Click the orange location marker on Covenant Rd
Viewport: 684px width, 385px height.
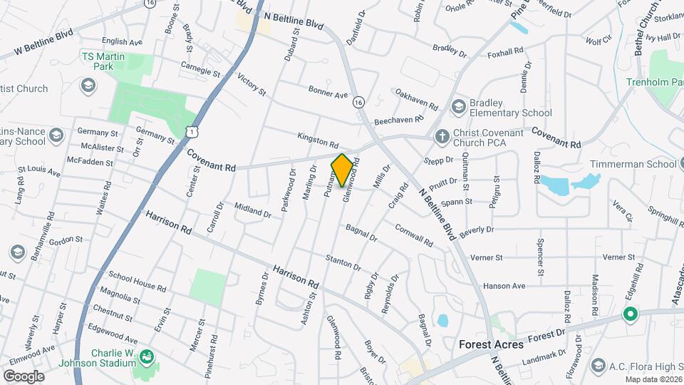[x=342, y=170]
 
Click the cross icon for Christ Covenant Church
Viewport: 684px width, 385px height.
[x=442, y=135]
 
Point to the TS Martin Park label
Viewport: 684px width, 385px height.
[x=98, y=61]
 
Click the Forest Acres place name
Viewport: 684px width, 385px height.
[x=491, y=344]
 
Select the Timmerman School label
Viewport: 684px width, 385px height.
[x=631, y=164]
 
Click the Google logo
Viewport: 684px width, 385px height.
[x=23, y=376]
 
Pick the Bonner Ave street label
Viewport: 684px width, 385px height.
[x=328, y=93]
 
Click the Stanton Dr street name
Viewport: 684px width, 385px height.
[x=343, y=262]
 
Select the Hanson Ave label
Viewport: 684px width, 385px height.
[x=504, y=286]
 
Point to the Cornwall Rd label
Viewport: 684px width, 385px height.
[x=414, y=236]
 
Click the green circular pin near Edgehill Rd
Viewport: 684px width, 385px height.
[x=629, y=314]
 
